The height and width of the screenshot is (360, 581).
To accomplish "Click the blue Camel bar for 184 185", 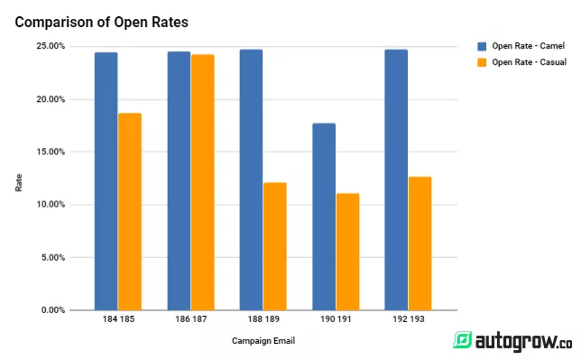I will click(x=106, y=180).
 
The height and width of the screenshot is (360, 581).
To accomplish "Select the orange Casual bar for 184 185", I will click(x=130, y=211).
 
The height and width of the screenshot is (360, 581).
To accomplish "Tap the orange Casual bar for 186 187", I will click(x=202, y=181).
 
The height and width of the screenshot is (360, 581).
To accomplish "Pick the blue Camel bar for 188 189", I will click(x=251, y=180).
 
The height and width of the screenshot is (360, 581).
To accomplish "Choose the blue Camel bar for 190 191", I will click(x=323, y=217).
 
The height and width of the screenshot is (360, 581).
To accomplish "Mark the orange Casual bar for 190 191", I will click(x=347, y=251).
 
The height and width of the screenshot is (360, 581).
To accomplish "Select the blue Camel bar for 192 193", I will click(x=396, y=180).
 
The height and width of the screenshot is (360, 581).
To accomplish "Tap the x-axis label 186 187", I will click(x=190, y=319).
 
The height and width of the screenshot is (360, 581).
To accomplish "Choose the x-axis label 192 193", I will click(x=408, y=319).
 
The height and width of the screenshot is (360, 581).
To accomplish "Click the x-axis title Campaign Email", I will click(x=263, y=341).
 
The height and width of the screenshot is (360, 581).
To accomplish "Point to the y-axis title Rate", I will click(x=19, y=181).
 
